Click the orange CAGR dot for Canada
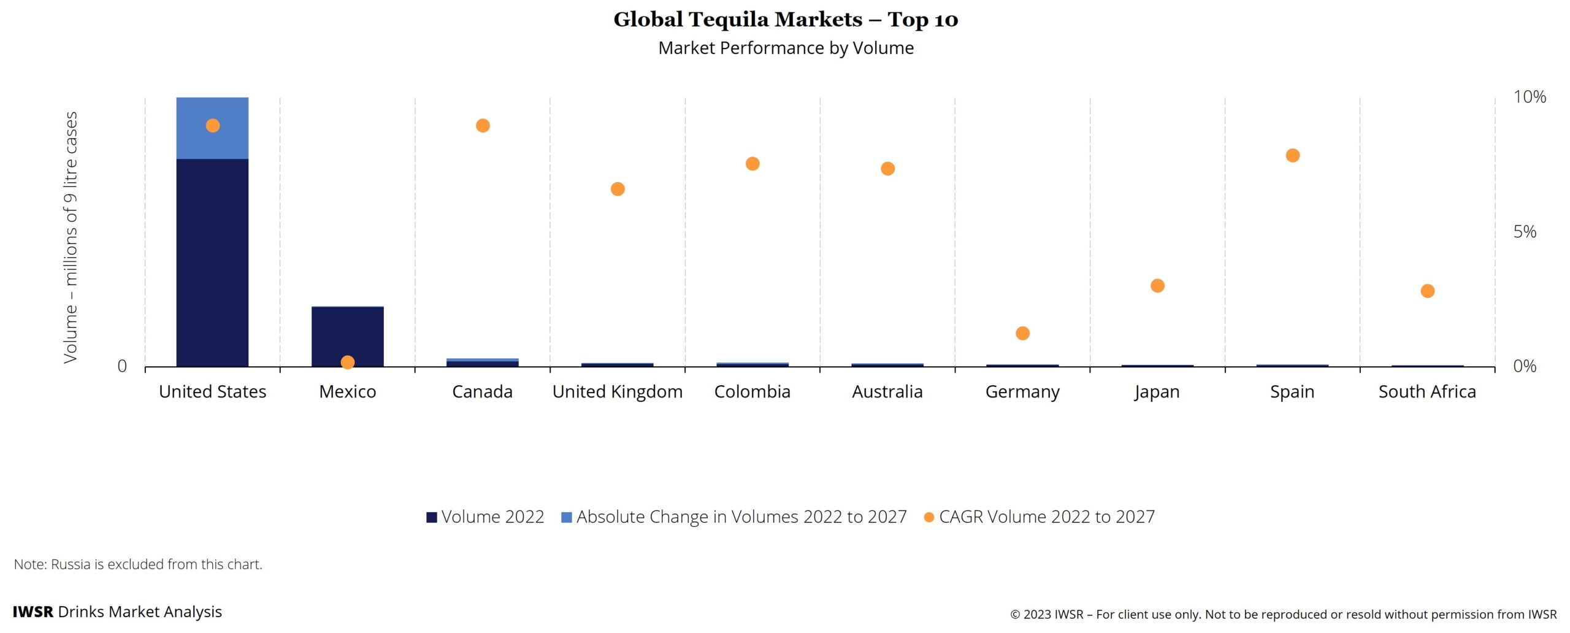[483, 126]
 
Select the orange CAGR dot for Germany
[1022, 333]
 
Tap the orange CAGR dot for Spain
[1292, 155]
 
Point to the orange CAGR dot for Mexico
[347, 363]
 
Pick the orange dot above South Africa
[1427, 291]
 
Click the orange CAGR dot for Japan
[1157, 286]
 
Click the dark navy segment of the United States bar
[212, 264]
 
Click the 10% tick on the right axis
[1529, 97]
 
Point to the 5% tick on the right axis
[1525, 232]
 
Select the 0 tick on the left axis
[122, 366]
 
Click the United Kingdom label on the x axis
[617, 392]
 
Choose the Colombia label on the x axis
[752, 392]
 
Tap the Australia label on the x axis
[887, 392]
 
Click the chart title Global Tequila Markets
[786, 20]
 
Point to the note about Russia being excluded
[138, 564]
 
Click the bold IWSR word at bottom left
[33, 612]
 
